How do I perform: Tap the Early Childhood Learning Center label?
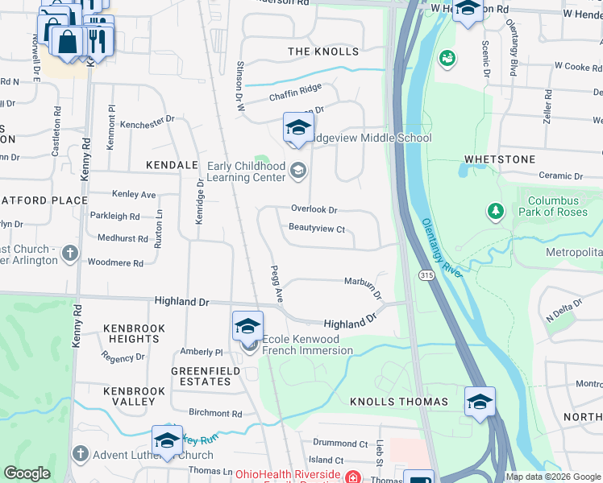coord(246,171)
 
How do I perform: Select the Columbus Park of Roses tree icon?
coord(495,212)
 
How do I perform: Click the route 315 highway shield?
coord(425,275)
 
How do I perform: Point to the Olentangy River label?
coord(440,248)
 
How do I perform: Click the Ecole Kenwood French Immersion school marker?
coord(248,326)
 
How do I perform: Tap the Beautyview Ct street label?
coord(317,229)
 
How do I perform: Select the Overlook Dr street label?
coord(314,209)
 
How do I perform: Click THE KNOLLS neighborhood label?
coord(323,52)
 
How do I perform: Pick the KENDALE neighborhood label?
coord(172,165)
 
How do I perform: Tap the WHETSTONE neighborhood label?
coord(500,159)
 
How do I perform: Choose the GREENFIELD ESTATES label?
coord(202,376)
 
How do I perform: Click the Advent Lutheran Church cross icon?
coord(79,454)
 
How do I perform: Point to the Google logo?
coord(27,473)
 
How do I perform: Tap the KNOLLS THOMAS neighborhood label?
coord(398,401)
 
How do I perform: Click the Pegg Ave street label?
coord(277,283)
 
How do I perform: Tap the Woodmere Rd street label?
coord(115,262)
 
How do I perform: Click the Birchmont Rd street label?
coord(214,414)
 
